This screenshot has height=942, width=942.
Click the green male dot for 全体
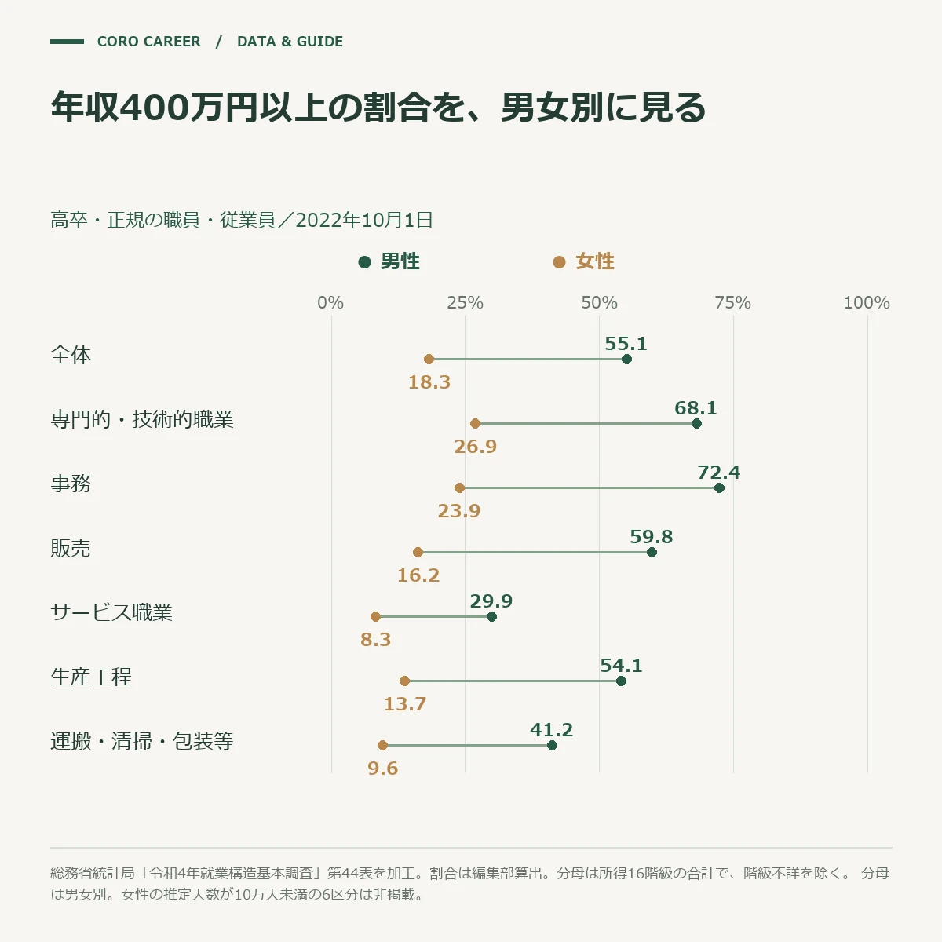(626, 360)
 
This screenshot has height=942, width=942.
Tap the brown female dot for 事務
(459, 487)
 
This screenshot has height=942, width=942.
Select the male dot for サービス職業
(491, 616)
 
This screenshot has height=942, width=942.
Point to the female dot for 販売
(418, 553)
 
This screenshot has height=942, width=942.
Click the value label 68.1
(696, 407)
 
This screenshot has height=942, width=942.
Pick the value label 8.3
(375, 640)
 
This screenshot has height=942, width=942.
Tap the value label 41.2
(551, 730)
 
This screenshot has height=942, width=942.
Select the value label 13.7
(405, 704)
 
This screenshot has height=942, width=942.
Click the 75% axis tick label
(732, 302)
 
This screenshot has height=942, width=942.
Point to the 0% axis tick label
(330, 302)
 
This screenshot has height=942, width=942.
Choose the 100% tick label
(867, 302)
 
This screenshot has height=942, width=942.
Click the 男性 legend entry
(389, 261)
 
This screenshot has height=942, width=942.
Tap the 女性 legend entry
(584, 261)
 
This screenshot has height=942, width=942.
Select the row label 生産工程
(91, 677)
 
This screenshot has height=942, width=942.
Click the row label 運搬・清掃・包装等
(142, 741)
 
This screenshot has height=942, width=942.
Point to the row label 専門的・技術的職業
(142, 419)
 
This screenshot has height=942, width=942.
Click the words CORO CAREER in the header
(149, 42)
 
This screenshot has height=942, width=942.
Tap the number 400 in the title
(155, 107)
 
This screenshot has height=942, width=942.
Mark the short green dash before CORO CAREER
(67, 42)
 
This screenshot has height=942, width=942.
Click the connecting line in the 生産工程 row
(513, 681)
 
